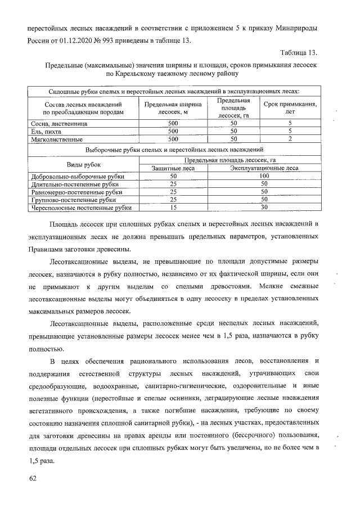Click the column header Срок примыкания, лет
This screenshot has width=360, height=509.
coord(290,108)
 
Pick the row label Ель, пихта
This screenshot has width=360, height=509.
coord(48,130)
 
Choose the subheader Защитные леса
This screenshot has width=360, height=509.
coord(173,168)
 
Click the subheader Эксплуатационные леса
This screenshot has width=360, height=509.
coord(264,168)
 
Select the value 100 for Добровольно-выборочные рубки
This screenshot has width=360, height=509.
coord(264,176)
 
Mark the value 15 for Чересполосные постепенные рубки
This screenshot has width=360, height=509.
coord(173,208)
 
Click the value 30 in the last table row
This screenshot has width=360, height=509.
coord(264,208)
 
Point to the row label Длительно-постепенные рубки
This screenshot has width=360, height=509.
coord(74,184)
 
